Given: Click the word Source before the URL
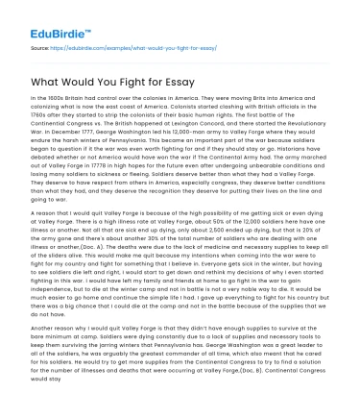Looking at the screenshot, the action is point(40,45).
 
